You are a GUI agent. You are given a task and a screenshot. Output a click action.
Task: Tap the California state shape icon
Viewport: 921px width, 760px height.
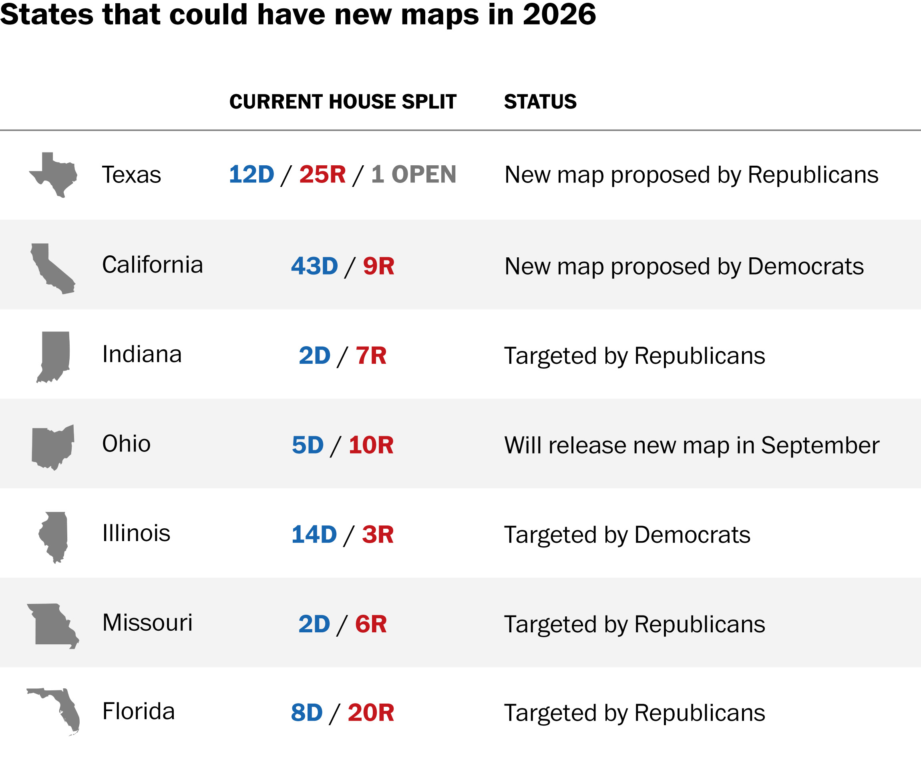click(x=50, y=268)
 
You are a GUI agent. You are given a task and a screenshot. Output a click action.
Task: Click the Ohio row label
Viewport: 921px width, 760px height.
click(x=126, y=443)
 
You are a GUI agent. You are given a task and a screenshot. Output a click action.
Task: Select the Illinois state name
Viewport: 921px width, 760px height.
click(x=136, y=533)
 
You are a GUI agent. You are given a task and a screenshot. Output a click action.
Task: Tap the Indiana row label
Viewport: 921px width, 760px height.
click(x=141, y=354)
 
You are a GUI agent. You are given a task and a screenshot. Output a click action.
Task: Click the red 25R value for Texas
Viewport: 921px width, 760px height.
click(x=322, y=174)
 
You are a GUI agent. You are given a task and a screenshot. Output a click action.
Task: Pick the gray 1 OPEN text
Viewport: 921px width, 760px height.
click(x=413, y=174)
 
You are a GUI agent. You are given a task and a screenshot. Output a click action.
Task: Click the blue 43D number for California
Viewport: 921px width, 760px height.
click(x=314, y=266)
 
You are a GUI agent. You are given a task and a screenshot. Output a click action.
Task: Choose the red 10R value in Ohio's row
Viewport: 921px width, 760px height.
click(x=371, y=445)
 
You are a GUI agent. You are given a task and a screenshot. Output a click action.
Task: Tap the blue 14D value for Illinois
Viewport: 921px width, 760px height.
click(x=314, y=535)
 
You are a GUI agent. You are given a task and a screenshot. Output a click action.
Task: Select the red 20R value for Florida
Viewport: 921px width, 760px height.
click(x=371, y=713)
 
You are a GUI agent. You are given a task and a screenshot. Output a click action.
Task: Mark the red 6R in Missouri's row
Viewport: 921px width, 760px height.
click(x=371, y=624)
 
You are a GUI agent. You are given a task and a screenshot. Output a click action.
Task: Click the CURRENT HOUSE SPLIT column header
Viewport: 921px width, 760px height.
click(x=343, y=102)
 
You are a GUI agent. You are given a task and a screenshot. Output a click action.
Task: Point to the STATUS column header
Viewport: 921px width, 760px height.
click(x=540, y=102)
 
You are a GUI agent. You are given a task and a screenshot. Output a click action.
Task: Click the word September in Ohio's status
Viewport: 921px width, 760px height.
click(x=820, y=446)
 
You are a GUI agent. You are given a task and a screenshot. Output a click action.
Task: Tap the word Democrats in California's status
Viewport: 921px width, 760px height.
click(x=805, y=266)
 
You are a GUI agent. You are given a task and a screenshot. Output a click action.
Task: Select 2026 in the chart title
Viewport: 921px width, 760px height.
click(x=559, y=14)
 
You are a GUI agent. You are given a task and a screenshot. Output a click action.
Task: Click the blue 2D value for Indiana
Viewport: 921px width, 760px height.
click(x=314, y=355)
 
